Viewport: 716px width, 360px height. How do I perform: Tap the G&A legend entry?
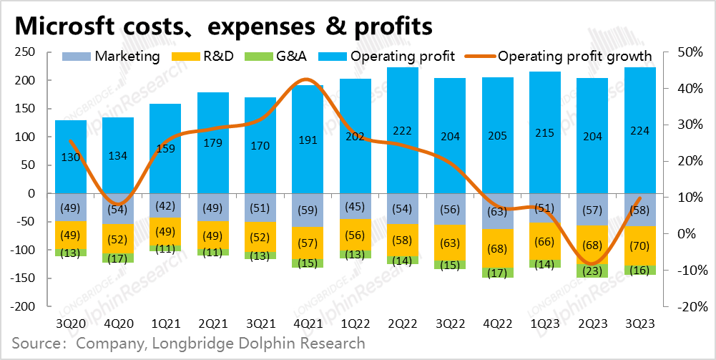click(x=278, y=57)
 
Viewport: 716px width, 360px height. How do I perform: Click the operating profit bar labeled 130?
click(x=71, y=157)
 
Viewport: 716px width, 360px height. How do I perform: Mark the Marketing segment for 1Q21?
click(x=165, y=205)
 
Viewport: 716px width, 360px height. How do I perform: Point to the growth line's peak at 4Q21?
click(x=306, y=80)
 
